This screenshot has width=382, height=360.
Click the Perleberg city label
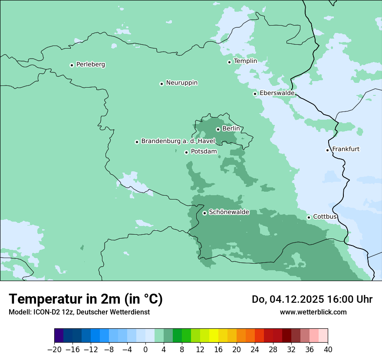click(90, 64)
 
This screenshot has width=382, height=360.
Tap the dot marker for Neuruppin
click(161, 84)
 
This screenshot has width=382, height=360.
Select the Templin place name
click(245, 61)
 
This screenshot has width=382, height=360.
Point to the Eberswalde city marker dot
click(255, 94)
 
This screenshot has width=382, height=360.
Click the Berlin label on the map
click(231, 129)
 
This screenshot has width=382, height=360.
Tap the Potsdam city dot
click(186, 152)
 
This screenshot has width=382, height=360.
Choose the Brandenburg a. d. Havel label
click(178, 141)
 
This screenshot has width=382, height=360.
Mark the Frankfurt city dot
click(328, 150)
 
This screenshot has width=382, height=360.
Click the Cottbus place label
click(325, 216)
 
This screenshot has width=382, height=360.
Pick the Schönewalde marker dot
click(204, 213)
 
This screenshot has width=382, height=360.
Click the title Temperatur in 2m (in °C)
click(86, 299)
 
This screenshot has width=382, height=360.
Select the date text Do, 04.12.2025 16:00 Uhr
click(312, 299)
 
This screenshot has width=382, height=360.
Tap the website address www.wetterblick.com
click(313, 312)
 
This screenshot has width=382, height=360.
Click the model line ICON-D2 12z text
click(79, 312)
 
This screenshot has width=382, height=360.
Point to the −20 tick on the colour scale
click(55, 350)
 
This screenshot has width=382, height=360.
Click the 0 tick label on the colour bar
click(145, 350)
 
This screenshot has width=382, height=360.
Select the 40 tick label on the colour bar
click(328, 350)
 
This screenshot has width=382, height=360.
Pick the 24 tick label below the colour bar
click(255, 350)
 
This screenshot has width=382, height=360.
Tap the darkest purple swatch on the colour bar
click(59, 336)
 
